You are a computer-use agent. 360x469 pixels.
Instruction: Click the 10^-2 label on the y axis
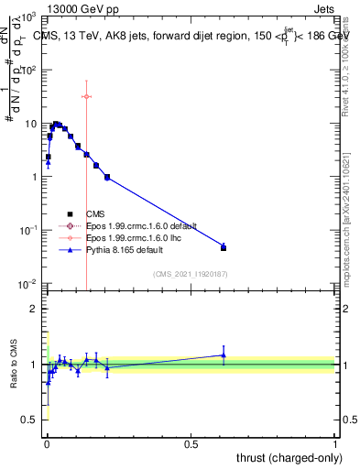click(27, 284)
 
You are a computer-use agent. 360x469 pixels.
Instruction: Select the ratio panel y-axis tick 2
click(33, 309)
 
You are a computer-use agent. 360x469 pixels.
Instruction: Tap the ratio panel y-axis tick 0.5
click(29, 420)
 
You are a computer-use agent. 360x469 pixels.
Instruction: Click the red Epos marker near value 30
click(86, 96)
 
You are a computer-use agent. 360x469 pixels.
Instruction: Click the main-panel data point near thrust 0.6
click(224, 247)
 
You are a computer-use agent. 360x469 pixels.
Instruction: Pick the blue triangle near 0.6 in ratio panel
click(224, 355)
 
